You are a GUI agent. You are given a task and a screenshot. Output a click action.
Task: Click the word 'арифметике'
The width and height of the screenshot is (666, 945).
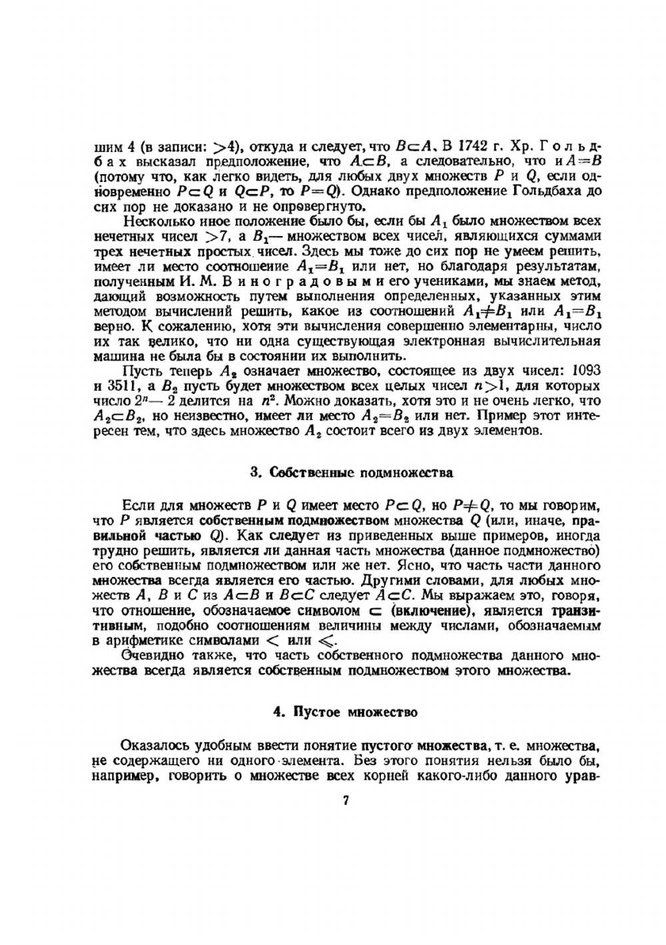152,641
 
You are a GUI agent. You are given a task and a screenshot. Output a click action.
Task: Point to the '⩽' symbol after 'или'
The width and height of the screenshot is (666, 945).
324,641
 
